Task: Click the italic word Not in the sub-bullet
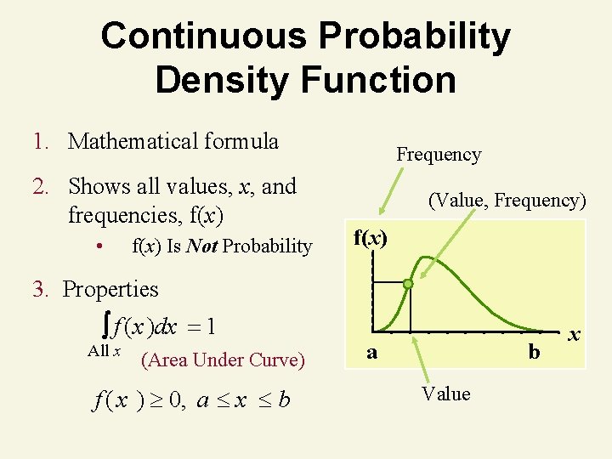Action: pyautogui.click(x=201, y=246)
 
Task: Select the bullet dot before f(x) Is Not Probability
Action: pyautogui.click(x=99, y=246)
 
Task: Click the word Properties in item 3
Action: pyautogui.click(x=110, y=289)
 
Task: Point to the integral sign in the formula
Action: pyautogui.click(x=104, y=325)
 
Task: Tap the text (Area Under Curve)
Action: pyautogui.click(x=222, y=360)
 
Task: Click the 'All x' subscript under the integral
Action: pyautogui.click(x=104, y=351)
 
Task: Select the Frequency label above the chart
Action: pyautogui.click(x=439, y=155)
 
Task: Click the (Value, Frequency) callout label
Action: pyautogui.click(x=507, y=201)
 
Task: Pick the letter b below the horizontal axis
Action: pyautogui.click(x=534, y=350)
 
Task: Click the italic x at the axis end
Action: pyautogui.click(x=575, y=336)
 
